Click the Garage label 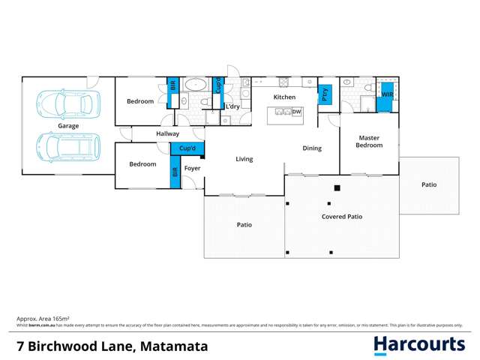pos(68,126)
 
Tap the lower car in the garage pos(68,147)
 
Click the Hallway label pos(167,133)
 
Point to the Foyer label pos(193,167)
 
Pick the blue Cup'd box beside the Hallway pos(187,148)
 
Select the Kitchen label pos(284,97)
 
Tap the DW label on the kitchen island pos(297,112)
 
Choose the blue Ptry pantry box pos(325,94)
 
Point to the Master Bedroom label pos(370,141)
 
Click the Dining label pos(312,148)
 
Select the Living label pos(244,159)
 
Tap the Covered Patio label pos(342,216)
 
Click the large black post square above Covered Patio pos(337,187)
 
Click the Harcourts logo pos(419,344)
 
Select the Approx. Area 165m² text pos(39,319)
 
